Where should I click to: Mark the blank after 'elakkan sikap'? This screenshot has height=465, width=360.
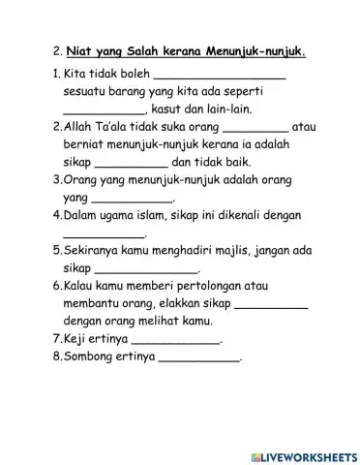(x=271, y=305)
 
